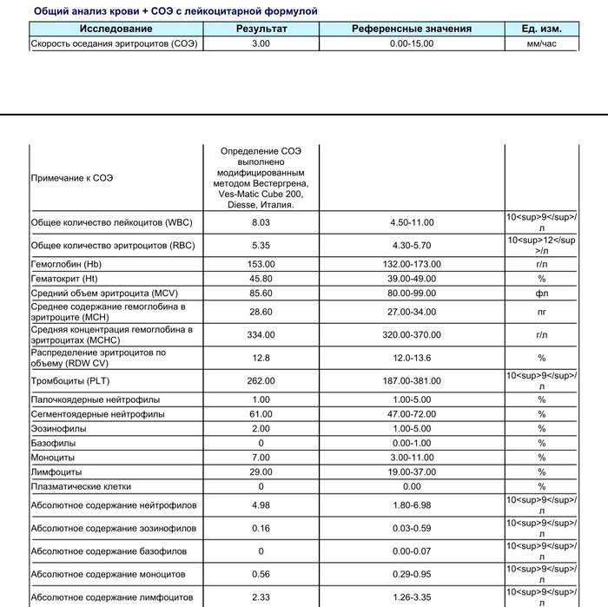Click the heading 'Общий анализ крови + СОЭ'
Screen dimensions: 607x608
(175, 11)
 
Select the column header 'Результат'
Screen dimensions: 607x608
(261, 29)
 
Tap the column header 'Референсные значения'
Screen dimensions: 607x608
(412, 29)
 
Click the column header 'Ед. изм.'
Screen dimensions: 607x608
(541, 29)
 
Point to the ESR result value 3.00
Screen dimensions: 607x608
(261, 43)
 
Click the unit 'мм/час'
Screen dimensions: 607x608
(541, 43)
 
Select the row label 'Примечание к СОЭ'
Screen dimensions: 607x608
(72, 178)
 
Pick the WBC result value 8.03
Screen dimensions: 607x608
(261, 223)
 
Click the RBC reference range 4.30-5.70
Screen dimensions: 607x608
(412, 246)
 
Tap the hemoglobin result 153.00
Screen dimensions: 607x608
(261, 264)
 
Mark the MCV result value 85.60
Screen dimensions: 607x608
(261, 294)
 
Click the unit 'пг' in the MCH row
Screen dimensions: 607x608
(541, 311)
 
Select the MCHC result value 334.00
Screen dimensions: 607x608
(261, 334)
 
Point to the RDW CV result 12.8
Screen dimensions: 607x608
(261, 358)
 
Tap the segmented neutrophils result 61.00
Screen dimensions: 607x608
(261, 414)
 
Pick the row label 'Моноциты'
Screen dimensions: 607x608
(53, 457)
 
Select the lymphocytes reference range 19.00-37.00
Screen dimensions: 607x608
(412, 472)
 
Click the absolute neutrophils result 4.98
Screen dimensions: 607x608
(261, 505)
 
